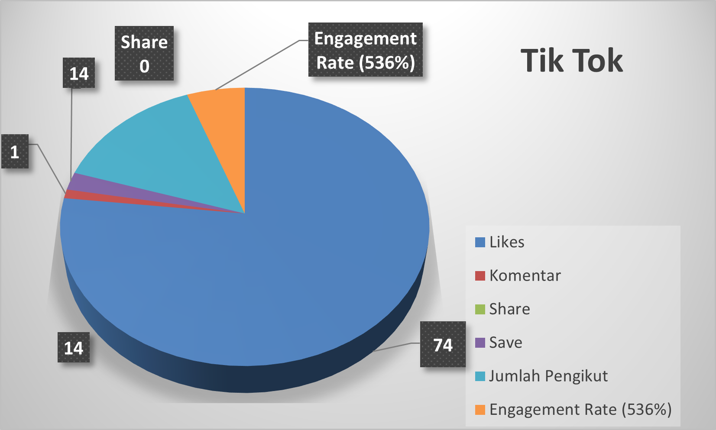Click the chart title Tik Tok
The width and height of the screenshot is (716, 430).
pyautogui.click(x=571, y=60)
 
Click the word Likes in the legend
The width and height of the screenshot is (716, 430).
pyautogui.click(x=507, y=242)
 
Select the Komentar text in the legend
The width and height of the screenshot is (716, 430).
pyautogui.click(x=525, y=275)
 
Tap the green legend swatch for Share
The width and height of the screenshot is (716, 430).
pyautogui.click(x=480, y=309)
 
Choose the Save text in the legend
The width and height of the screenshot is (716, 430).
pyautogui.click(x=505, y=343)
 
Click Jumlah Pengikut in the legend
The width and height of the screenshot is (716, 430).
pyautogui.click(x=548, y=376)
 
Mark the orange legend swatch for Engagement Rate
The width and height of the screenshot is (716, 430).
pyautogui.click(x=480, y=410)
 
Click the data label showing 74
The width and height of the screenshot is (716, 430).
pyautogui.click(x=443, y=345)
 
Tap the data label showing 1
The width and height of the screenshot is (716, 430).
pyautogui.click(x=15, y=152)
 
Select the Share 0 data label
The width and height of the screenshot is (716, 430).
pyautogui.click(x=144, y=54)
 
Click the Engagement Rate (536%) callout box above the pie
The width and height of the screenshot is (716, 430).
pyautogui.click(x=365, y=50)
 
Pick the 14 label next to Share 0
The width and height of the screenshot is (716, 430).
pyautogui.click(x=79, y=73)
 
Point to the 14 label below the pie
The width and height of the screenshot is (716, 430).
pyautogui.click(x=74, y=348)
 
